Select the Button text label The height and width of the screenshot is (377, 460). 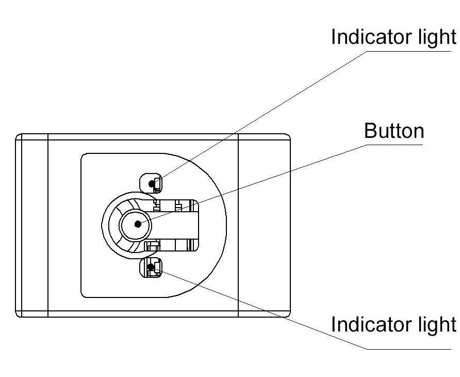click(394, 131)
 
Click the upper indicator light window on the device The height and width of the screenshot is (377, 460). click(151, 183)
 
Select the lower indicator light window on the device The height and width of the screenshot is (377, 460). click(151, 268)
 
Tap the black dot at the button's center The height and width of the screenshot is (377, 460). click(138, 224)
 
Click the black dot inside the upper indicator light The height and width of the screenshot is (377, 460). click(151, 183)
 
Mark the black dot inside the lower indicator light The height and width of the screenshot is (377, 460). click(151, 267)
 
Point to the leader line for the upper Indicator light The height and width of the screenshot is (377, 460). click(258, 115)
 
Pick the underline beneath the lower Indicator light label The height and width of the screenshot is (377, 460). click(407, 349)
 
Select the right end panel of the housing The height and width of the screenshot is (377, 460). click(264, 225)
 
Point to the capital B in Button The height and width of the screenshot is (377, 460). click(370, 131)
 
